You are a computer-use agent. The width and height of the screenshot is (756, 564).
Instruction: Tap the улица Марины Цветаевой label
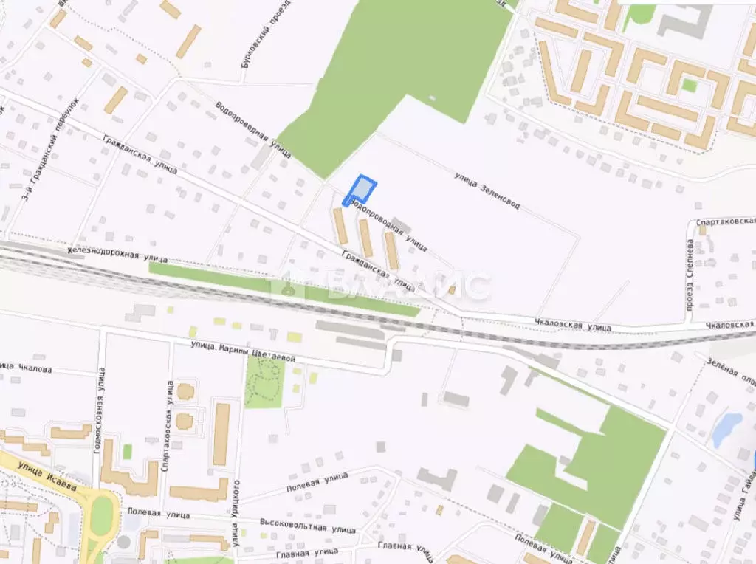[x=243, y=351]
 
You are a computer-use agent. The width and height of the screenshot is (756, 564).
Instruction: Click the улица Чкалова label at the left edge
[x=25, y=367]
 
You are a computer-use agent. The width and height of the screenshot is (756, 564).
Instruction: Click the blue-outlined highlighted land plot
[x=361, y=189]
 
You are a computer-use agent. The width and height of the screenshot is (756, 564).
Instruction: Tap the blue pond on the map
[x=727, y=429]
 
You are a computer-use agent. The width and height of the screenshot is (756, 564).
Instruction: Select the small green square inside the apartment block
[x=689, y=84]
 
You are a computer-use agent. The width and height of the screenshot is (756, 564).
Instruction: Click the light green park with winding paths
[x=264, y=380]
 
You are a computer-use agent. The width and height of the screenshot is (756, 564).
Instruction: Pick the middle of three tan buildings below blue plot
[x=365, y=238]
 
